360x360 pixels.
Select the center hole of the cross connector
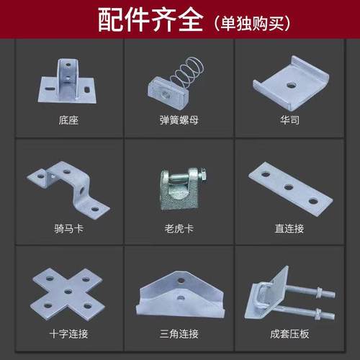click(66, 292)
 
